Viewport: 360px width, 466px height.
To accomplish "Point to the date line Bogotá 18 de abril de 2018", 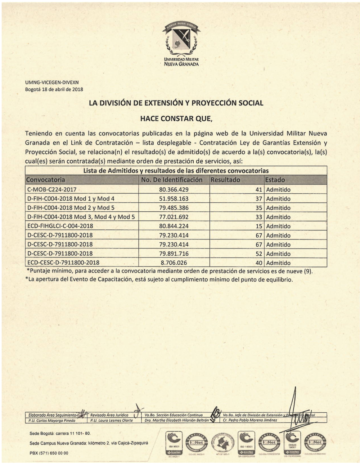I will [54, 89].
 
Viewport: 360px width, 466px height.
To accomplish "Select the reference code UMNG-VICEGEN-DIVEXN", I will [52, 82].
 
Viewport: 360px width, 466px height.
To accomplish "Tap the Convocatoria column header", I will [46, 180].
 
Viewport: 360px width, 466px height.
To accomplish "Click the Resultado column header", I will [225, 180].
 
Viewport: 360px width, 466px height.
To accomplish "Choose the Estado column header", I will [275, 180].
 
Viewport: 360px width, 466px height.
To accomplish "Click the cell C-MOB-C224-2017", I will [52, 189].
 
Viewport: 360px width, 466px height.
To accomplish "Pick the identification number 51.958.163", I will [174, 199].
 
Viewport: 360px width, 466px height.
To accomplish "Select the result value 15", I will [258, 226].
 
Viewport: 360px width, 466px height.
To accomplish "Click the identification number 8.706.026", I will [174, 263].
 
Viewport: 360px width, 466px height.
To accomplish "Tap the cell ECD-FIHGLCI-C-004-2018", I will [60, 226].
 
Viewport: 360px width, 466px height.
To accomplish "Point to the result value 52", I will [258, 254].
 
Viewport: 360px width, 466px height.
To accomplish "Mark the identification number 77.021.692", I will [174, 217].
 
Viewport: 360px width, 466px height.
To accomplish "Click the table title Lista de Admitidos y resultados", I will [176, 171].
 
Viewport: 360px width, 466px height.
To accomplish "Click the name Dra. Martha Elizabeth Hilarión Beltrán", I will [176, 420].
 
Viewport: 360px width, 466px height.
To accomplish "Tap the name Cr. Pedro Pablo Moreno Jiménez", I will [250, 420].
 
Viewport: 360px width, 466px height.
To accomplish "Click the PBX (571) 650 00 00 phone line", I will [49, 453].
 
